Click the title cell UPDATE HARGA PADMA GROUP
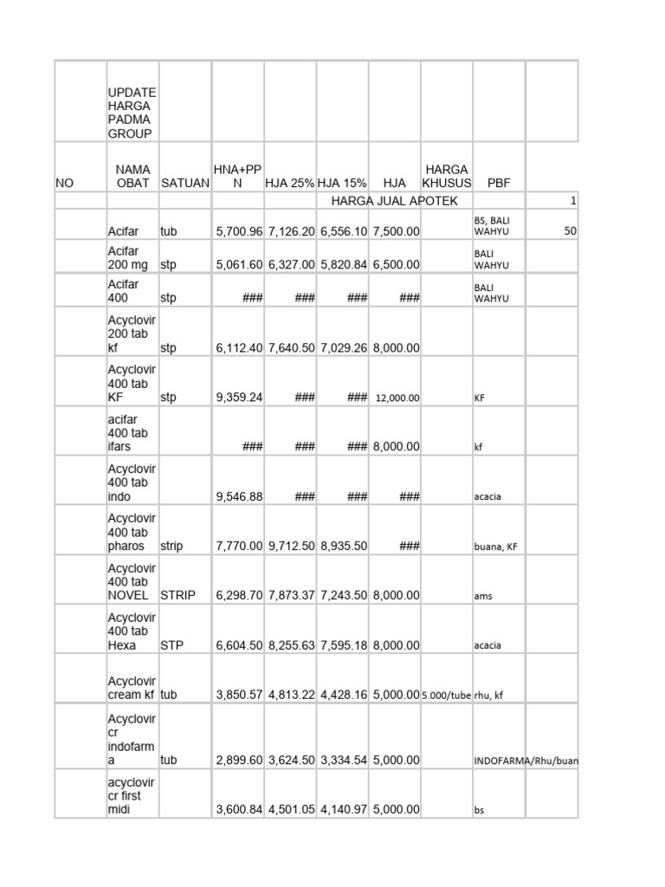point(132,113)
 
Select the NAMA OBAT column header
point(132,175)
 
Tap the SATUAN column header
point(185,183)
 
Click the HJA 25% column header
point(290,183)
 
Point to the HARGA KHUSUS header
point(446,175)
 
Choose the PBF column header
point(499,183)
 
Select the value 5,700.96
point(238,232)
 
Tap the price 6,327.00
point(290,264)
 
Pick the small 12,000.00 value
point(397,398)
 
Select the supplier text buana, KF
point(497,547)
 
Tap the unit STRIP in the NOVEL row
point(178,595)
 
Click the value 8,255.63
point(290,645)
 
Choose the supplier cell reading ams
point(483,597)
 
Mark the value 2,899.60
point(238,760)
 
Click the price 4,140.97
point(344,810)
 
